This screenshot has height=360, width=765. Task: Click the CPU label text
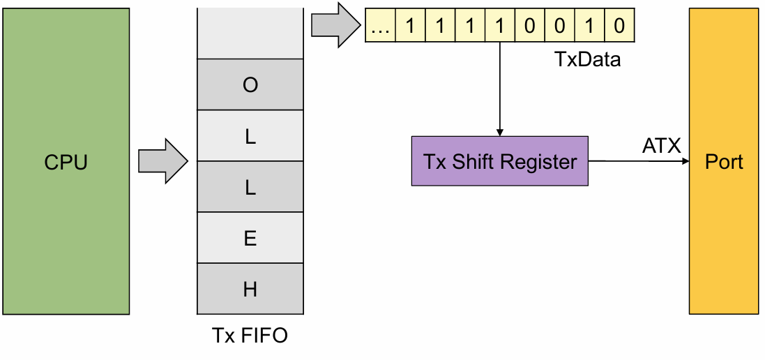pos(66,162)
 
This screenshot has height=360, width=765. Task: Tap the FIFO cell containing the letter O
pos(250,84)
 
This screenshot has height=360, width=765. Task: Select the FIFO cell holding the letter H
pos(250,289)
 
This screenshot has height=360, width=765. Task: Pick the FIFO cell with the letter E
pos(250,238)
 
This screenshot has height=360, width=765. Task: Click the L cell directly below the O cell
pos(250,135)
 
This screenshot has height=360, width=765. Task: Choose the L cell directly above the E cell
pos(250,186)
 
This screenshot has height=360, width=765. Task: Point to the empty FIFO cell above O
pos(250,33)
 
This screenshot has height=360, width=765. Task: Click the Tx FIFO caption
pos(250,336)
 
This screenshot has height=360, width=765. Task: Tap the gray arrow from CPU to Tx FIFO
pos(163,161)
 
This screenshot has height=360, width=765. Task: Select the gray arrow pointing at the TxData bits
pos(335,25)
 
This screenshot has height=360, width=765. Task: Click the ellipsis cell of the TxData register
pos(380,25)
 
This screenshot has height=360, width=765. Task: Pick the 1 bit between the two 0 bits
pos(589,25)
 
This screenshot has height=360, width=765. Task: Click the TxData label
pos(588,59)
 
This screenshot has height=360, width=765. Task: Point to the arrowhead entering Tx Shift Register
pos(499,132)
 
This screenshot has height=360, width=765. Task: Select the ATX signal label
pos(661,146)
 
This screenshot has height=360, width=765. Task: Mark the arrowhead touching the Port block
pos(685,160)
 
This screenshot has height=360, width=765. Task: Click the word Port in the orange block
pos(725,162)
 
